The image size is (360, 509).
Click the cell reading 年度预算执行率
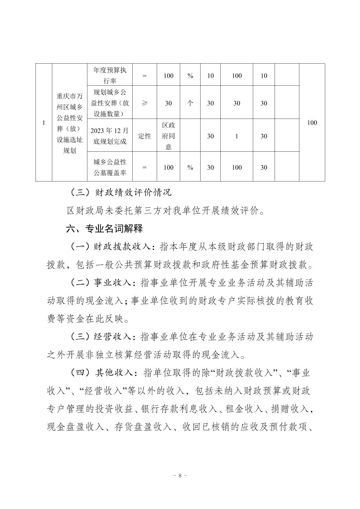[x=110, y=75]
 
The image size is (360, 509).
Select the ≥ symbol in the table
[x=145, y=103]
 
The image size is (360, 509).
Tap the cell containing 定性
[x=145, y=136]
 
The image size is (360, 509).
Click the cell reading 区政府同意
[x=168, y=136]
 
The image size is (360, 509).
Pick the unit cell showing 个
[x=190, y=103]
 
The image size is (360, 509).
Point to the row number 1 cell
[x=44, y=123]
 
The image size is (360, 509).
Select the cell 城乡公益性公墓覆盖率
[x=110, y=167]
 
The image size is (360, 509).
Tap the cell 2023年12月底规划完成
[x=110, y=136]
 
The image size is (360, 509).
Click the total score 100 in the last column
[x=311, y=123]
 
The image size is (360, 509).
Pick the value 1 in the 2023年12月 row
[x=237, y=136]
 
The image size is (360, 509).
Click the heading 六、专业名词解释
[x=104, y=229]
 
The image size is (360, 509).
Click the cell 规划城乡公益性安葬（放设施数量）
[x=110, y=103]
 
